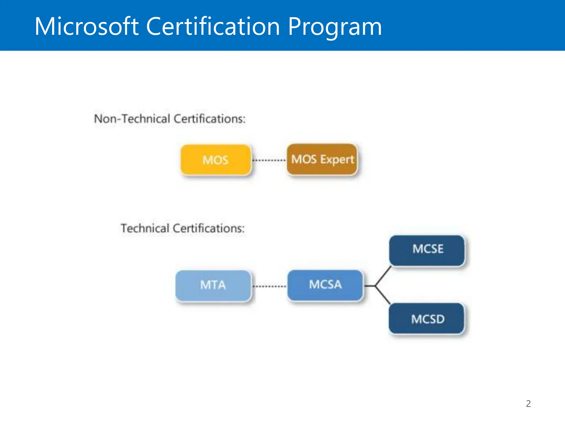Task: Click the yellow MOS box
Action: pyautogui.click(x=216, y=160)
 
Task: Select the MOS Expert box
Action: pyautogui.click(x=322, y=159)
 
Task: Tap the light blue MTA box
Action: pyautogui.click(x=213, y=286)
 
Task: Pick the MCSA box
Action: pyautogui.click(x=325, y=285)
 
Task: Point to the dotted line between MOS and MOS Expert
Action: pyautogui.click(x=269, y=160)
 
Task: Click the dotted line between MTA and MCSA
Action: pyautogui.click(x=270, y=286)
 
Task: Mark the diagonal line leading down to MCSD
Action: pyautogui.click(x=383, y=295)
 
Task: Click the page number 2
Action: pyautogui.click(x=528, y=403)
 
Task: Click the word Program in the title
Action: pyautogui.click(x=335, y=27)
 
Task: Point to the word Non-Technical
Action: pyautogui.click(x=132, y=119)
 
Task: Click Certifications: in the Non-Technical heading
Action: pyautogui.click(x=210, y=119)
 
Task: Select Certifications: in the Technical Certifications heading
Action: pyautogui.click(x=209, y=228)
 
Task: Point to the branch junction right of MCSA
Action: pyautogui.click(x=375, y=286)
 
